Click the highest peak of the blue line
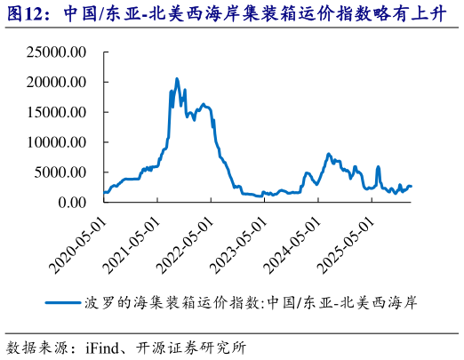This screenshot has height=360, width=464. click(x=176, y=79)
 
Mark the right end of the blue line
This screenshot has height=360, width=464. click(x=412, y=187)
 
